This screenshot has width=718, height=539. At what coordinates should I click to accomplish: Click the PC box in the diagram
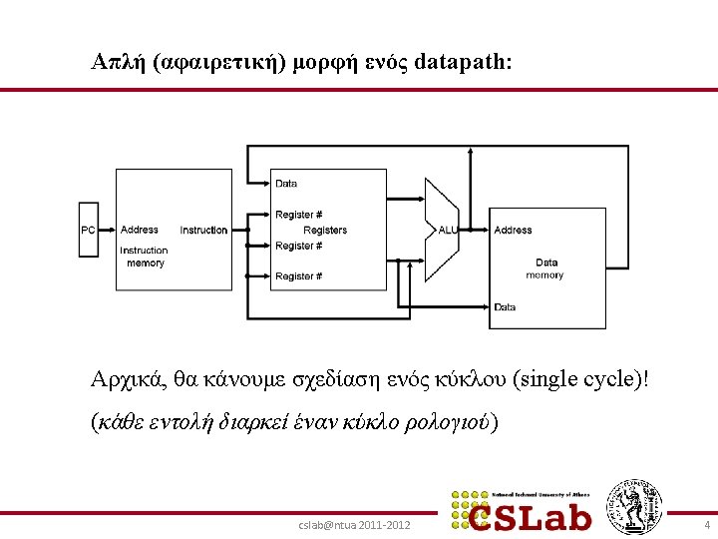click(x=89, y=231)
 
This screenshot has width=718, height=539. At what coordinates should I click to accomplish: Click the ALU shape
click(x=442, y=230)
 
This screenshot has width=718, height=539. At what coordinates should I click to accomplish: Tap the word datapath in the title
click(x=462, y=62)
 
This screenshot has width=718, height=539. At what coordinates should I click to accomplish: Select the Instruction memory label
click(x=144, y=257)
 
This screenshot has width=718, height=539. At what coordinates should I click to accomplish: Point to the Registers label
click(x=325, y=231)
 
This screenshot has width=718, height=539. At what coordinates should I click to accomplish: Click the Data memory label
click(x=545, y=269)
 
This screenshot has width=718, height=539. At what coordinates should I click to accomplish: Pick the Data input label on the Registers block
click(x=286, y=184)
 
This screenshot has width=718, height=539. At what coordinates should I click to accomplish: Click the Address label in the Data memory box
click(x=514, y=231)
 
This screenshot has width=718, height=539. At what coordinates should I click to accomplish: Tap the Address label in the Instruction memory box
click(x=140, y=231)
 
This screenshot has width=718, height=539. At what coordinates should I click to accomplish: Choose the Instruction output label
click(x=203, y=231)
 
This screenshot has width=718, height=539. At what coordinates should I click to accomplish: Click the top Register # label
click(x=298, y=215)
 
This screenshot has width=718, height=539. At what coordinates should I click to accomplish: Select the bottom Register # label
click(x=298, y=276)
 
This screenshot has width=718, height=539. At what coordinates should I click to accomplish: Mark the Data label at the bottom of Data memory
click(x=506, y=307)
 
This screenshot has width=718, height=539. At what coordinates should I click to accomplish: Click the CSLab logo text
click(x=538, y=514)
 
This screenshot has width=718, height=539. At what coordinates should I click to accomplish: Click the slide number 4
click(x=706, y=524)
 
